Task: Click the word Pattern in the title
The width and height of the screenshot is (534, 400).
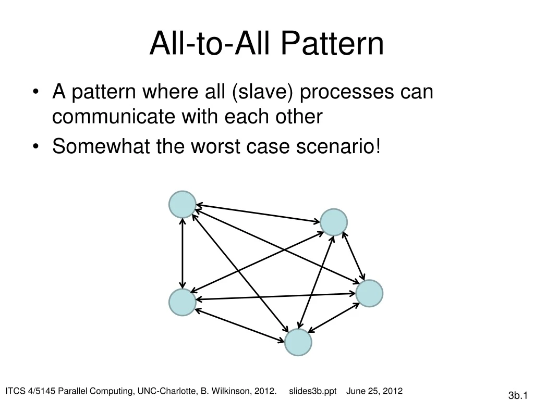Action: [x=332, y=44]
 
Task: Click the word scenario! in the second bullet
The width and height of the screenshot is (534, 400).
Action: [x=339, y=147]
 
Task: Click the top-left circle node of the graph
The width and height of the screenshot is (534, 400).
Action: [x=183, y=204]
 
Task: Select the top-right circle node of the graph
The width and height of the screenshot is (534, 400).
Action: [x=334, y=222]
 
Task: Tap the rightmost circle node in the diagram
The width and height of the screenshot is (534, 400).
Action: [x=369, y=293]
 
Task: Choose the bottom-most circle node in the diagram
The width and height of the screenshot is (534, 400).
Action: [x=298, y=342]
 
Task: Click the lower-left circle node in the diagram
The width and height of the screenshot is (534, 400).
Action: [x=183, y=303]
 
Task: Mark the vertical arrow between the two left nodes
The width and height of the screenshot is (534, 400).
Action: [x=183, y=253]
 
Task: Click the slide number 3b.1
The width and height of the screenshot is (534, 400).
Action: [x=518, y=395]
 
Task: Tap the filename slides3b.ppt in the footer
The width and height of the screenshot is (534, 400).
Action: [x=313, y=391]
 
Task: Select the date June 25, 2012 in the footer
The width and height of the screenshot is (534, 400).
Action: [x=374, y=391]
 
